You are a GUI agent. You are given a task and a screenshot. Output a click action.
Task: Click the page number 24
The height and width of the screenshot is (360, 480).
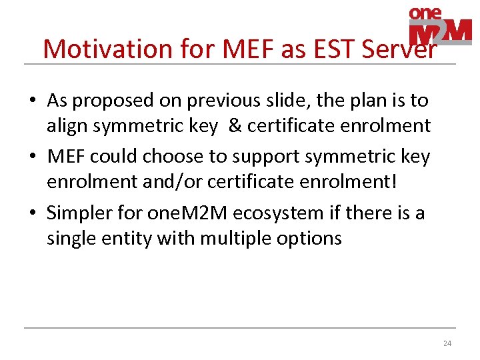[447, 344]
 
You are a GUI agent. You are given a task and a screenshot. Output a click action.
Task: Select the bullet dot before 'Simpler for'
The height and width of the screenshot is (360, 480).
[32, 214]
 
